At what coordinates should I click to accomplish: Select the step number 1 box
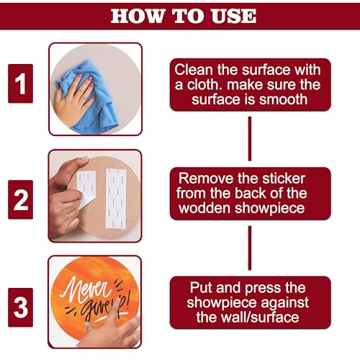(x=20, y=84)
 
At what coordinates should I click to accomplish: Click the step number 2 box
(x=20, y=199)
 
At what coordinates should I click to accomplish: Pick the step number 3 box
(x=20, y=307)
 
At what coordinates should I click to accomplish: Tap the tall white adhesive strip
(x=116, y=199)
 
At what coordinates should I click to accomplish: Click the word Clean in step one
(x=194, y=70)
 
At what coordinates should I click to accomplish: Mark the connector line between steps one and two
(x=250, y=139)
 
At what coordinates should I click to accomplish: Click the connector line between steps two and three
(x=250, y=248)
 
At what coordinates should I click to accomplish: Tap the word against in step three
(x=285, y=303)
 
